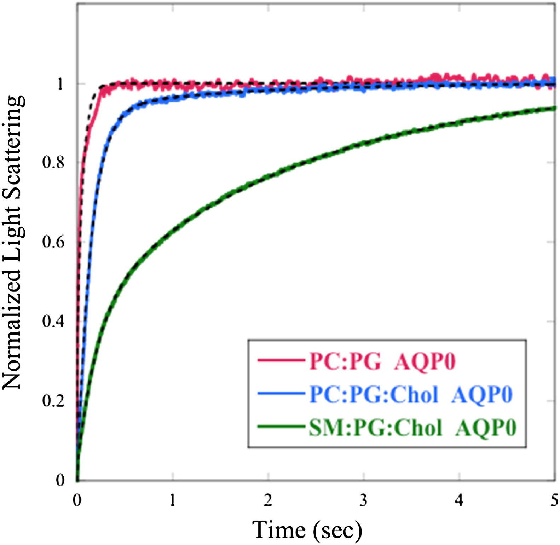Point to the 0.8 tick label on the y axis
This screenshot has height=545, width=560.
point(53,162)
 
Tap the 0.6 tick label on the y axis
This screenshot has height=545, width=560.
point(53,242)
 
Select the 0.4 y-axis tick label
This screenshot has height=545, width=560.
point(53,321)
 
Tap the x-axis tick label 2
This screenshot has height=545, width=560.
point(268,500)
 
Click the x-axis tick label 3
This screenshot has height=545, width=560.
point(364,500)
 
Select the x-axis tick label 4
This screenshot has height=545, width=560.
point(459,500)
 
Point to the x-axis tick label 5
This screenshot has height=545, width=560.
point(554,500)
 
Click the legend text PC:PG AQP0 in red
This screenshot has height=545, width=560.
point(382,361)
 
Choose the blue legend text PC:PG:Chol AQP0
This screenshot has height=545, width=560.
point(411,394)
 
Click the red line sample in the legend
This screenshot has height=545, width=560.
point(281,361)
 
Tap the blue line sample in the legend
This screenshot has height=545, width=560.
point(281,394)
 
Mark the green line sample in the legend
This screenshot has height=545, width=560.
point(281,427)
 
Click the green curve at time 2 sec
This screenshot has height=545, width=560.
point(268,176)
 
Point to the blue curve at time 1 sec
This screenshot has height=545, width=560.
point(173,97)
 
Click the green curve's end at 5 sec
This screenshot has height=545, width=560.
point(554,108)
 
